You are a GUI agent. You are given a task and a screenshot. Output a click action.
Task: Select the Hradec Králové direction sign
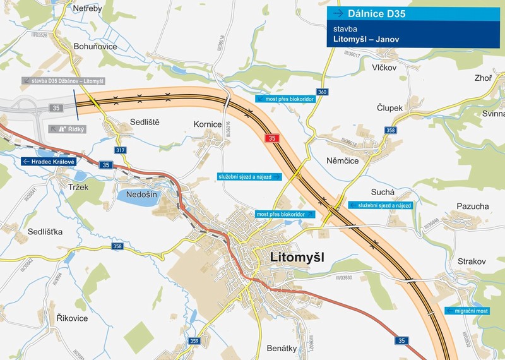pyautogui.click(x=49, y=162)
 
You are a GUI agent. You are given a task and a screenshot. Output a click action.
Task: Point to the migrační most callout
pyautogui.click(x=467, y=311)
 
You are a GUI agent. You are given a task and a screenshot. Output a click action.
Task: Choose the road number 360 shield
pyautogui.click(x=323, y=92)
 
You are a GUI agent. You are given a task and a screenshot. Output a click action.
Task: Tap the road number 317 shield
pyautogui.click(x=120, y=150)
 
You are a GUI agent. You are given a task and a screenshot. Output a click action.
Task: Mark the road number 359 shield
pyautogui.click(x=194, y=342)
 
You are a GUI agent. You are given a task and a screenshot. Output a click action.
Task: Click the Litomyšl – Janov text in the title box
pyautogui.click(x=362, y=39)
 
